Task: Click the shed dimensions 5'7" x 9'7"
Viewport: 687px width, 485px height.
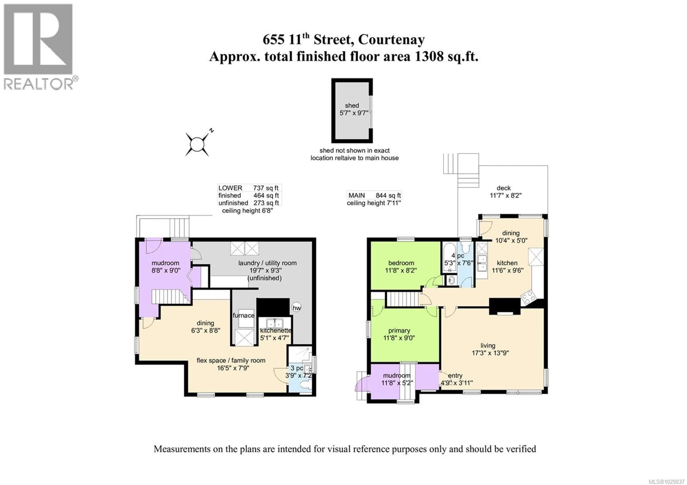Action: [x=353, y=113]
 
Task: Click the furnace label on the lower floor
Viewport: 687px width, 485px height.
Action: [x=243, y=315]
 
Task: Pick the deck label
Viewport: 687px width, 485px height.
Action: [x=504, y=188]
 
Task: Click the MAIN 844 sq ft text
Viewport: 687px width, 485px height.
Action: [x=374, y=195]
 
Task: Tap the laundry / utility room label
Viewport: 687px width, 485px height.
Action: [x=267, y=263]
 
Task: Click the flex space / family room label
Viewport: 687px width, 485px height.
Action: [x=231, y=360]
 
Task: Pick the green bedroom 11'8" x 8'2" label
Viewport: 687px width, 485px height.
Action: [x=401, y=267]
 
